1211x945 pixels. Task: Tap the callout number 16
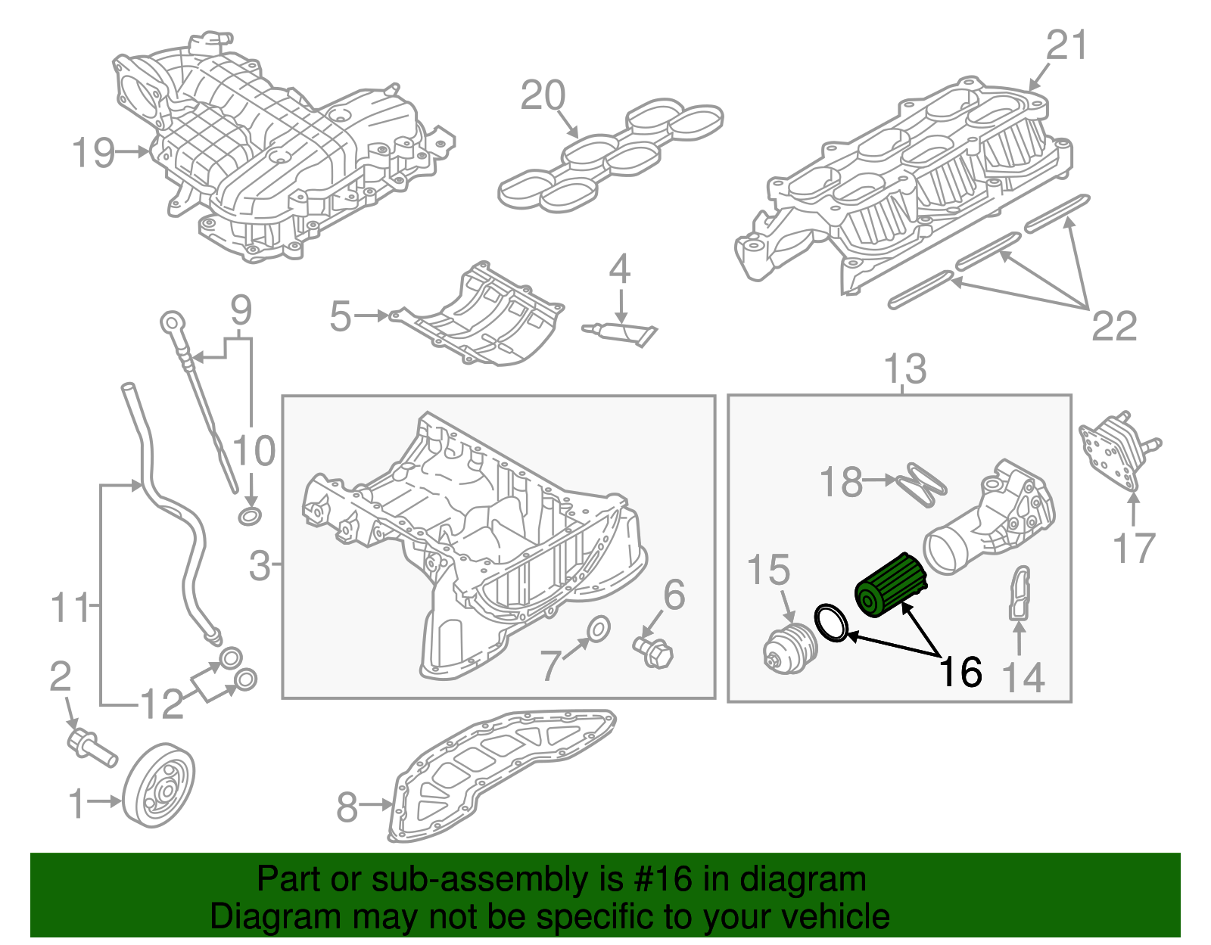click(960, 672)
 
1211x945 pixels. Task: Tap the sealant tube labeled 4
click(620, 331)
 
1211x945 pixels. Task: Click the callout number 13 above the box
click(905, 368)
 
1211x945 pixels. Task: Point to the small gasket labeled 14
click(1020, 593)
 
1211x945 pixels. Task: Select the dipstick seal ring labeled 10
click(249, 517)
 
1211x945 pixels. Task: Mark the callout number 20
click(543, 96)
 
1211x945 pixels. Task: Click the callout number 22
click(1113, 326)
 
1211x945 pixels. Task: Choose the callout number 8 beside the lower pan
click(347, 807)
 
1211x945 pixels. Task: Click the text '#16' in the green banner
click(658, 880)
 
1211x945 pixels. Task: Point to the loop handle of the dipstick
click(169, 322)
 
